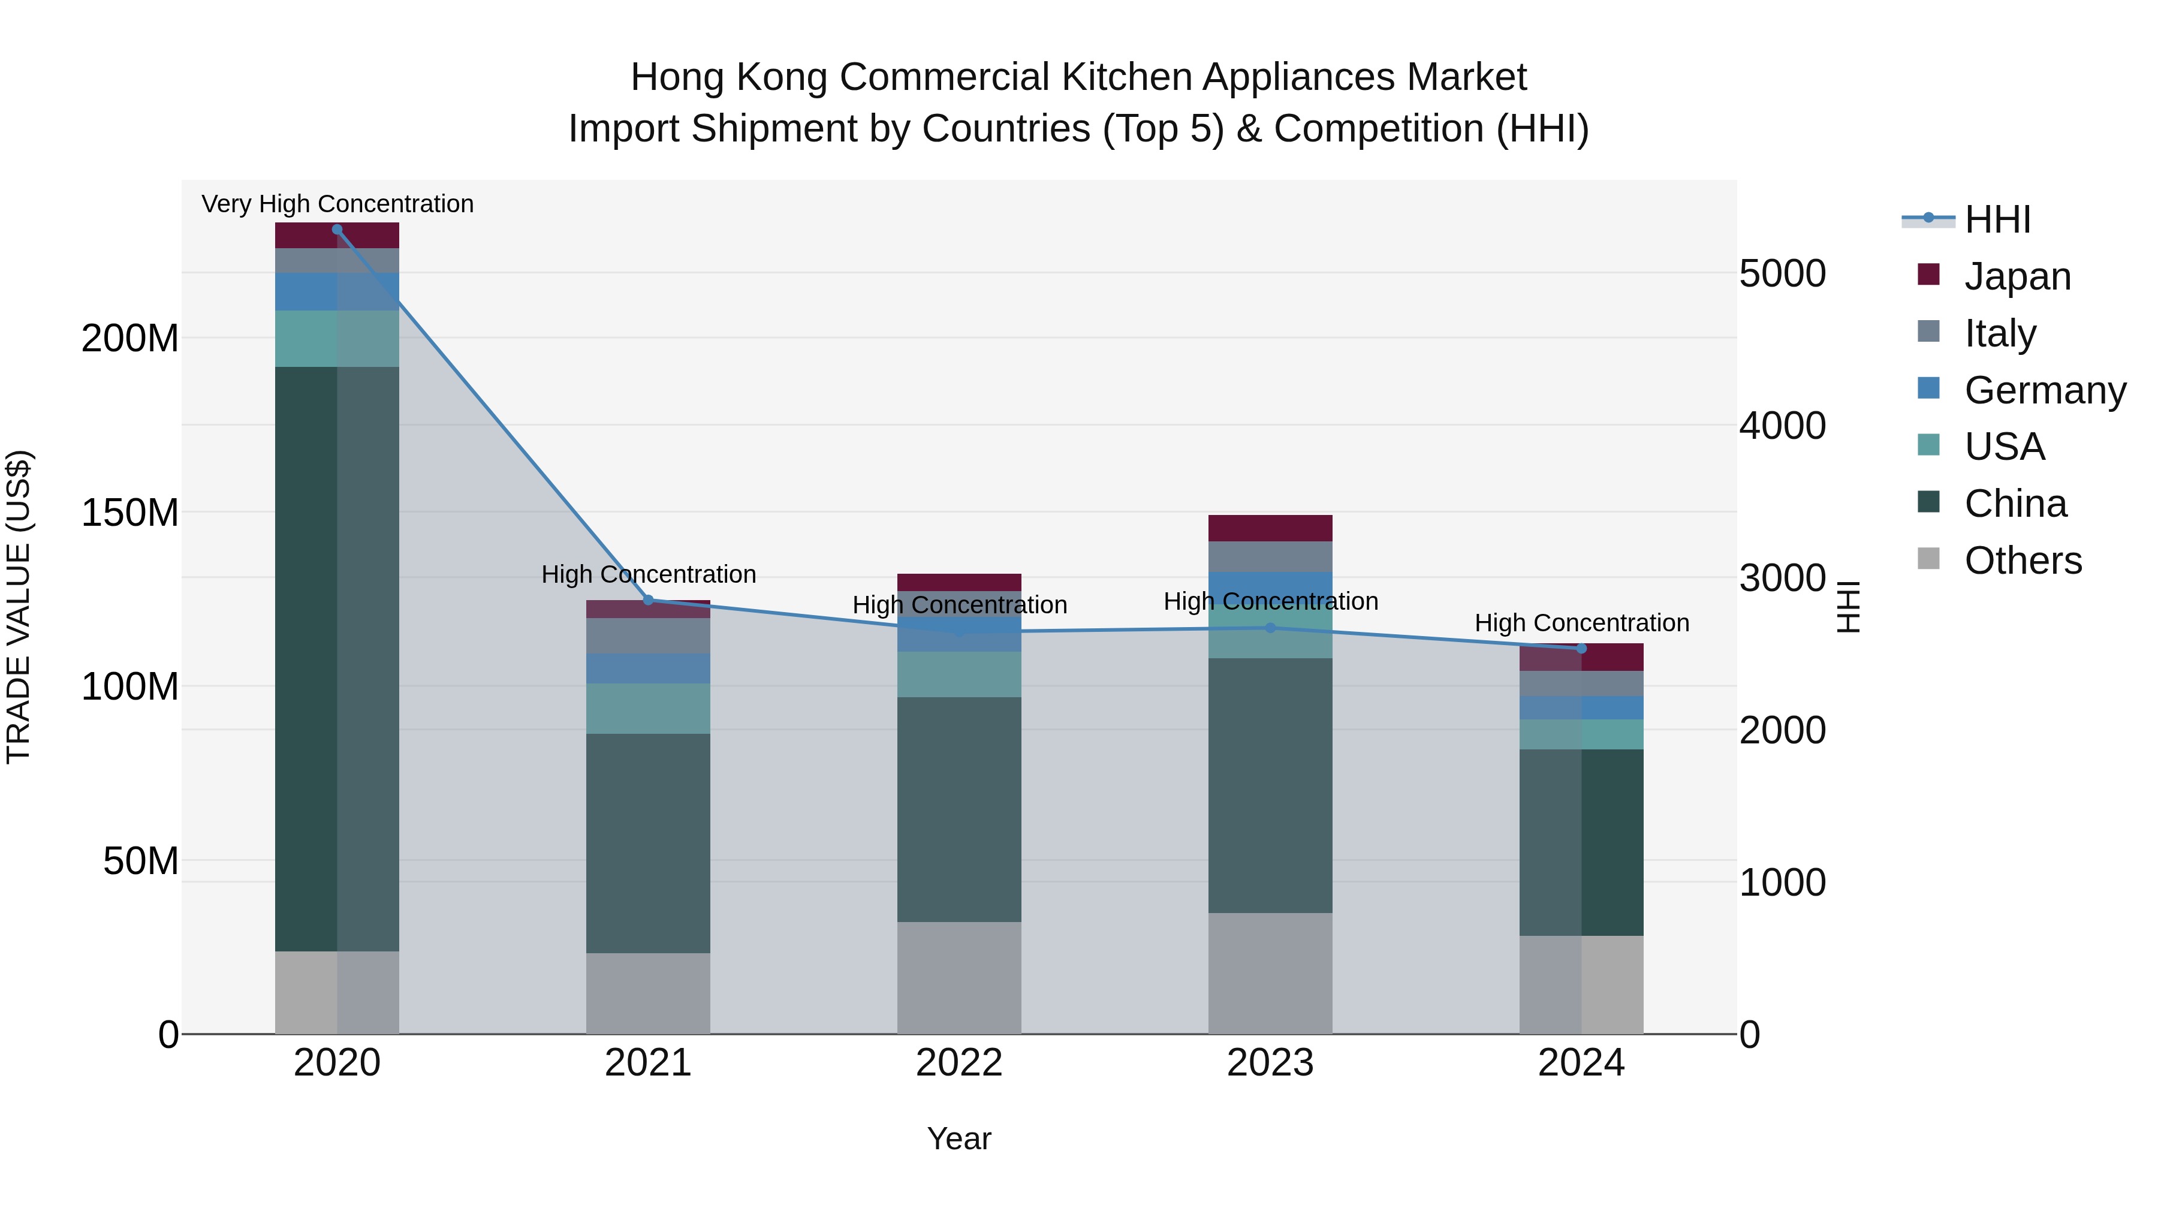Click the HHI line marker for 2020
(x=337, y=230)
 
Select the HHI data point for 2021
(x=647, y=600)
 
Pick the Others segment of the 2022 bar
(x=959, y=978)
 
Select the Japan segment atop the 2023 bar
(x=1270, y=528)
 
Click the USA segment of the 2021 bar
(x=647, y=708)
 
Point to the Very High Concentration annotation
(x=337, y=204)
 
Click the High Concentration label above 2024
(x=1582, y=623)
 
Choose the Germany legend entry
(x=2044, y=390)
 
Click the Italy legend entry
(x=2000, y=333)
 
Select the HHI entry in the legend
(x=1997, y=219)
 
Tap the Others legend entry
(x=2023, y=561)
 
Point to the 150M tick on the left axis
(x=130, y=513)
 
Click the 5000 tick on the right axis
(x=1783, y=274)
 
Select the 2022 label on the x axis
(x=959, y=1063)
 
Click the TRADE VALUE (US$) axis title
(x=19, y=607)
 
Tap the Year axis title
(x=959, y=1138)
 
